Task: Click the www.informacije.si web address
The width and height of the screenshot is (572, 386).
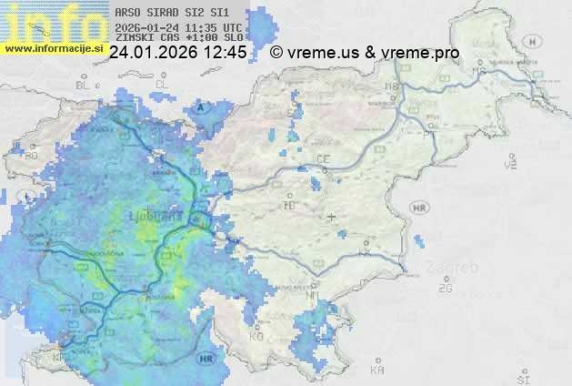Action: pyautogui.click(x=54, y=47)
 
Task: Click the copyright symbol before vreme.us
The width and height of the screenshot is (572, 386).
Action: pyautogui.click(x=276, y=54)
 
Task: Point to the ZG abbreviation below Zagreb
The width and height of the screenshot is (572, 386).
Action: pyautogui.click(x=445, y=289)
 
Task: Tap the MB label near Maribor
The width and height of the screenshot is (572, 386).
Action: pyautogui.click(x=393, y=86)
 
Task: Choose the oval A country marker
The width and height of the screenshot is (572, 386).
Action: pyautogui.click(x=202, y=107)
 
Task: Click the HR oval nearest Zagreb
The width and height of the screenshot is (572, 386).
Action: pyautogui.click(x=420, y=208)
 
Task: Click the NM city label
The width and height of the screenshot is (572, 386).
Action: pyautogui.click(x=311, y=295)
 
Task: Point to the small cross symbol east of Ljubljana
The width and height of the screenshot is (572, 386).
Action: pyautogui.click(x=332, y=217)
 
